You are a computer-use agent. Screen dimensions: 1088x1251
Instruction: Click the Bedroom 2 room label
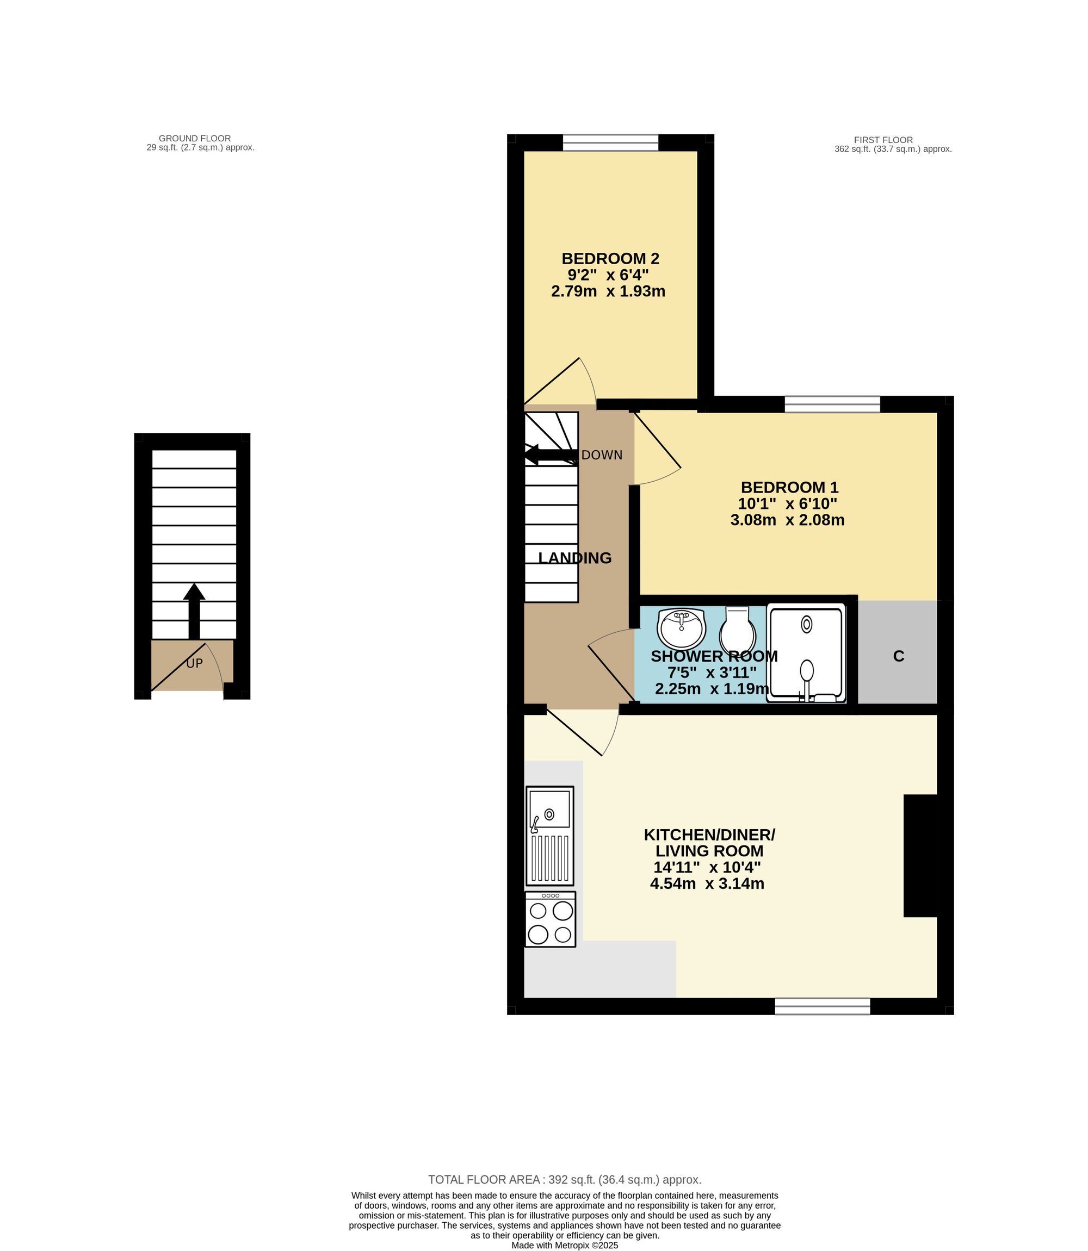(610, 258)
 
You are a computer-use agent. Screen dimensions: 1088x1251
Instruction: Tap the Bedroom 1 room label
(789, 487)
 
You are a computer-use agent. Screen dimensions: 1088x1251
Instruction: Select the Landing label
(575, 558)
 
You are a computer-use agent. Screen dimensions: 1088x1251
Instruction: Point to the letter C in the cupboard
(899, 656)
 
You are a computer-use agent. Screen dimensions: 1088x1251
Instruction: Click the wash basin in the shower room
(682, 628)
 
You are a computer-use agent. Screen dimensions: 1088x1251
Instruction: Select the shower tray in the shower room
(806, 653)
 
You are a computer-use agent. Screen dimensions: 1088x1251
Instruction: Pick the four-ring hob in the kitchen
(550, 919)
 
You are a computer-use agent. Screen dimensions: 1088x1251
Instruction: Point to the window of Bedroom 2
(610, 142)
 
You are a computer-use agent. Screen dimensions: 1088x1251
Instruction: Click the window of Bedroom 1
(832, 404)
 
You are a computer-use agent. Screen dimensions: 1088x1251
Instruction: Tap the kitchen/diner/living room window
(823, 1006)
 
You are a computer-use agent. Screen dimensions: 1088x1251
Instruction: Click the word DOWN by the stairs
(602, 455)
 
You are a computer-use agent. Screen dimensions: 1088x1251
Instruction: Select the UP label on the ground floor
(194, 664)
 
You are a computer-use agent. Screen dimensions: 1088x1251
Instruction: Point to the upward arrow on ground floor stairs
(194, 611)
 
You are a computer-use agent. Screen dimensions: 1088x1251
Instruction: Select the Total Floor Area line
(565, 1179)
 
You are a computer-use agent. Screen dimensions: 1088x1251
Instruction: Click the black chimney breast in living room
(920, 855)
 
